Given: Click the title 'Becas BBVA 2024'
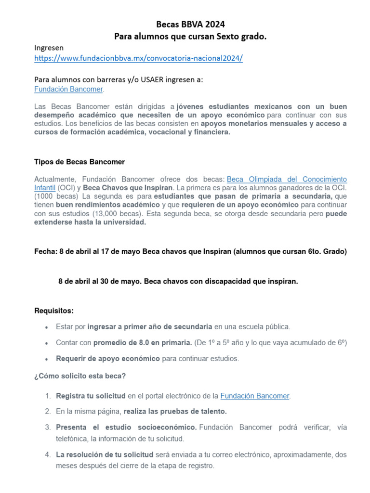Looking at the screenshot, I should [190, 24].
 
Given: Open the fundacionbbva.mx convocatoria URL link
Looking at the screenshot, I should [138, 58].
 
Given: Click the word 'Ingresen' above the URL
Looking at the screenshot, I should [49, 48].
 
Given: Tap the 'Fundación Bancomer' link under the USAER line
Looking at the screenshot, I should [68, 89].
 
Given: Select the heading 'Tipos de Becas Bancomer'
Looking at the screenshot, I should [79, 161].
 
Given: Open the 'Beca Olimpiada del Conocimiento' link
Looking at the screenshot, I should [286, 179].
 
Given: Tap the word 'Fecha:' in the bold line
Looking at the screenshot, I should [46, 251].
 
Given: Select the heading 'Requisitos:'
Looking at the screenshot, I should [54, 311].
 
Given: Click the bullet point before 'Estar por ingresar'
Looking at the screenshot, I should [46, 327].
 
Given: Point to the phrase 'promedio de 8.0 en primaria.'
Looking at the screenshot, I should [142, 342].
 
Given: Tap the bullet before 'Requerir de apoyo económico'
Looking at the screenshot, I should [46, 359].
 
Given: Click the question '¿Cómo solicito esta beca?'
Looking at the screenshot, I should [80, 376].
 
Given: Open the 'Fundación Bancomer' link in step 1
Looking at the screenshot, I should [255, 396].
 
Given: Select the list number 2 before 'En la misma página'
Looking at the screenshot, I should [48, 411].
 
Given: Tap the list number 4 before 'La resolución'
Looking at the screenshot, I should [48, 454].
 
